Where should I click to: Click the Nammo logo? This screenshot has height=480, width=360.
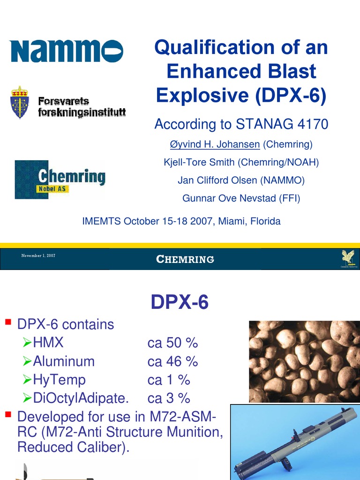66,51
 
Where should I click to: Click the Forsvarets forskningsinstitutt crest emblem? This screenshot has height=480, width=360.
20,102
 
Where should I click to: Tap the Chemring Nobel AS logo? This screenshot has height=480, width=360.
60,180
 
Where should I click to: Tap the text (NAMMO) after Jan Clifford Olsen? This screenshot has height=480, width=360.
279,180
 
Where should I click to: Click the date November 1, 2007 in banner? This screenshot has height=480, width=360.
38,255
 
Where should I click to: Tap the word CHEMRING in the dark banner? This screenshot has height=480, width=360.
185,259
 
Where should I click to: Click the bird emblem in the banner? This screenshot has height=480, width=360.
348,256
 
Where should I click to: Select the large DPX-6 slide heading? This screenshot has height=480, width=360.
180,303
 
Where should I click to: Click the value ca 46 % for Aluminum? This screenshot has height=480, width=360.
172,361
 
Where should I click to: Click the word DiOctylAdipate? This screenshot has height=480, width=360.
81,398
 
